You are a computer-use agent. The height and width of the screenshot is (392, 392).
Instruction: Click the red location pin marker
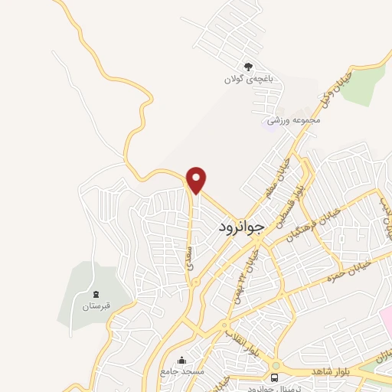(x=197, y=179)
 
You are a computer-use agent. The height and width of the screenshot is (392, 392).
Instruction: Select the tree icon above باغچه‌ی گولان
(x=247, y=67)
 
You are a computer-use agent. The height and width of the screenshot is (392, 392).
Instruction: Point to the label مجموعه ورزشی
(x=292, y=121)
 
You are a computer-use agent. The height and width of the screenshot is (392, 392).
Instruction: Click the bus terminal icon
(x=275, y=377)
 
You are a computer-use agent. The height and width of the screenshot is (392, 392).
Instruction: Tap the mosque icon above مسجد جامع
(x=182, y=361)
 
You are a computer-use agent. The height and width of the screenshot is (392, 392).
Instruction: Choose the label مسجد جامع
(x=182, y=372)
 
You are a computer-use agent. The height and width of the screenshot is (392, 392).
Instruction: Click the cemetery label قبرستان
(x=96, y=306)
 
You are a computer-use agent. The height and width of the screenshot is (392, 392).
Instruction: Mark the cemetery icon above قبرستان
(x=96, y=294)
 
